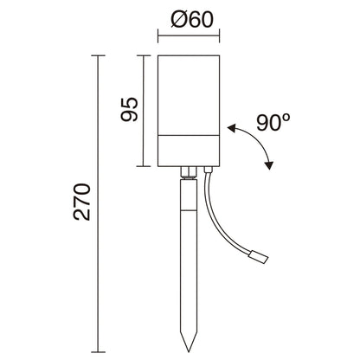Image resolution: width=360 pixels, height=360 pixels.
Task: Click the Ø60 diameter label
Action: point(192,20)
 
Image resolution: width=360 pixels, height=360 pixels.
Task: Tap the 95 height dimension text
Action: point(130,109)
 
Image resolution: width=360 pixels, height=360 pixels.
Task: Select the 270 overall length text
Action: point(82,202)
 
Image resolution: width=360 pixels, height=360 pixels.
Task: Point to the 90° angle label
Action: point(273,123)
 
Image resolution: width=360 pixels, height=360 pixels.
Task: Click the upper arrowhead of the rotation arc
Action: point(231,129)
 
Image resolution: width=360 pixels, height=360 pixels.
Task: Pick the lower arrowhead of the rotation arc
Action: point(269,165)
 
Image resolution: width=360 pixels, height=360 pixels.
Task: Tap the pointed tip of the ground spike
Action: point(189,352)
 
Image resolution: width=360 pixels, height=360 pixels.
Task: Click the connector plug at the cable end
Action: point(260,257)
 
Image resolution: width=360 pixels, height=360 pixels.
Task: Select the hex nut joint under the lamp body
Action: point(189,173)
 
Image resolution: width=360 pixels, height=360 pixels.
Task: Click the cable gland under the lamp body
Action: point(208,170)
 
